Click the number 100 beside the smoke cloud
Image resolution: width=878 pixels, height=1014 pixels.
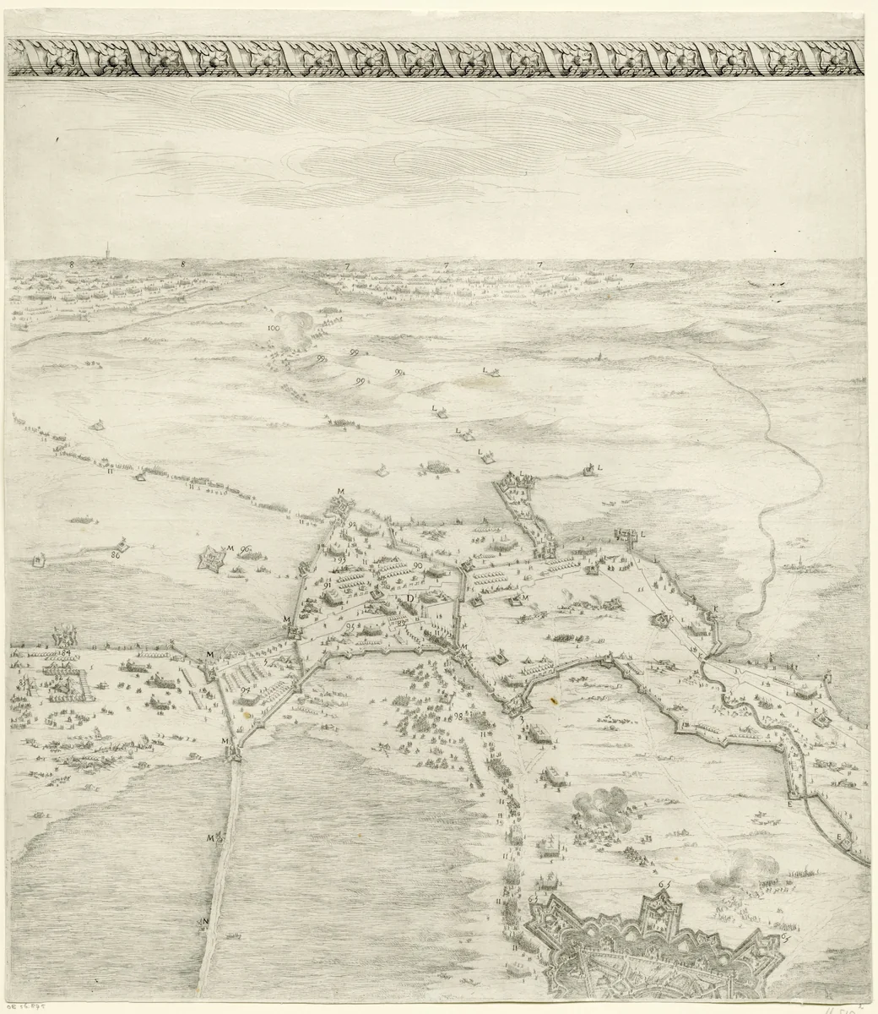(273, 327)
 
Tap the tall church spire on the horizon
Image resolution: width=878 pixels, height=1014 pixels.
(107, 251)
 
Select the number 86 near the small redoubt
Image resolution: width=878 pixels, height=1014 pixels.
(114, 555)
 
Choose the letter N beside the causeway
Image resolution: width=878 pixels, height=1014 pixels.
(204, 922)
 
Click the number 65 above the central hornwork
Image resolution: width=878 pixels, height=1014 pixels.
(664, 884)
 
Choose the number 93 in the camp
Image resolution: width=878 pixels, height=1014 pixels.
(341, 559)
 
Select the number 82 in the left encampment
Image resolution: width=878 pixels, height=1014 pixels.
(59, 677)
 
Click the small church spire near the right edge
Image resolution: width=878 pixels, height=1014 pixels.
(797, 563)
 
